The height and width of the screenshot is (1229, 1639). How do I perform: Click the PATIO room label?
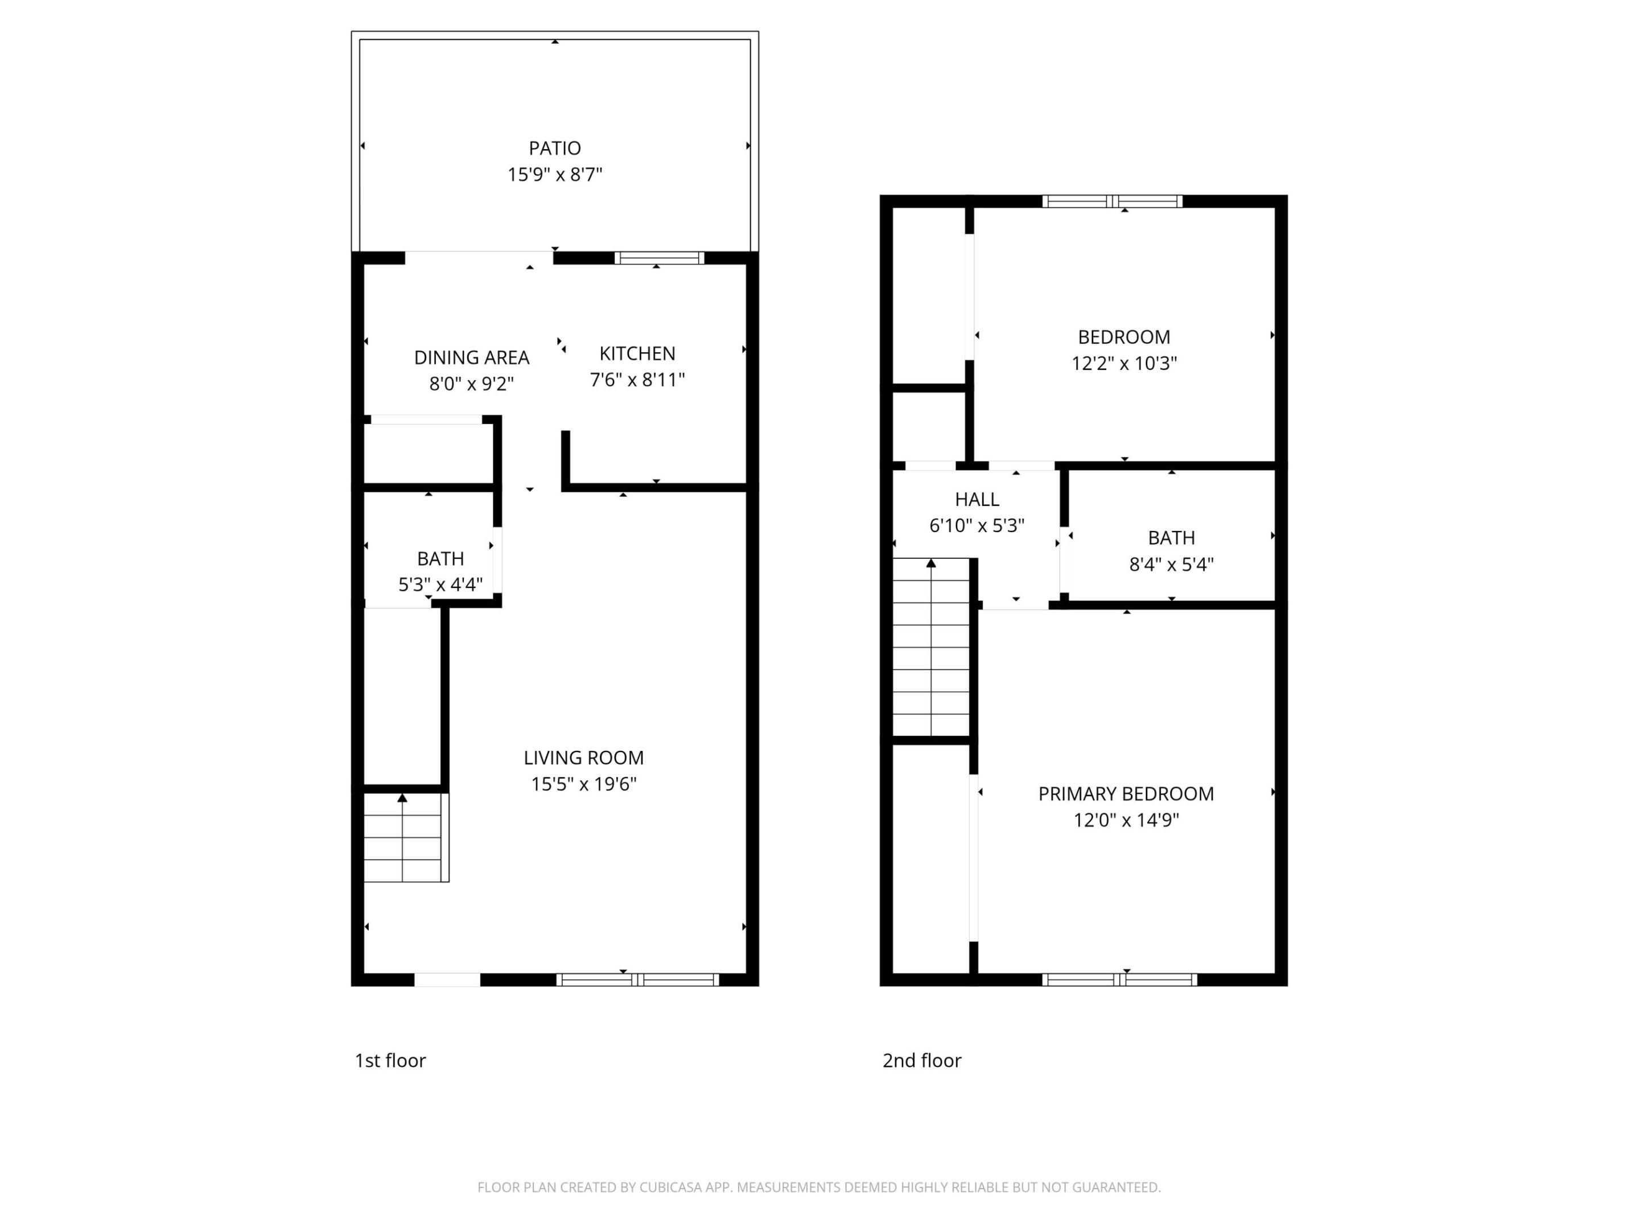pyautogui.click(x=554, y=148)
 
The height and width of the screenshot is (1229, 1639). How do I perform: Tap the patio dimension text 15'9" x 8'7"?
pyautogui.click(x=554, y=175)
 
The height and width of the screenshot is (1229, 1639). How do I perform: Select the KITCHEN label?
pyautogui.click(x=637, y=353)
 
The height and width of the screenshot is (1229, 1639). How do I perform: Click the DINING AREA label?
pyautogui.click(x=471, y=358)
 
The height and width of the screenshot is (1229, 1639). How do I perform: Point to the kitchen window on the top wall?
pyautogui.click(x=658, y=258)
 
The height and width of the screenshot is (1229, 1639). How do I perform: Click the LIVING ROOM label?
pyautogui.click(x=584, y=758)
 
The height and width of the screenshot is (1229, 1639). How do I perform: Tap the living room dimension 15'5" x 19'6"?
pyautogui.click(x=584, y=784)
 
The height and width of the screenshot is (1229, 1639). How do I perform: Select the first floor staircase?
pyautogui.click(x=405, y=837)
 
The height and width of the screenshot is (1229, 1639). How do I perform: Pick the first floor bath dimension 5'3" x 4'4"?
pyautogui.click(x=440, y=584)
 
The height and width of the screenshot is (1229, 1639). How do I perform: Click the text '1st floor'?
pyautogui.click(x=390, y=1061)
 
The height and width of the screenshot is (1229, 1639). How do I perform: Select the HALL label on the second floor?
pyautogui.click(x=977, y=500)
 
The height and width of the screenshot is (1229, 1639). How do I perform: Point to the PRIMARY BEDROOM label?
pyautogui.click(x=1126, y=794)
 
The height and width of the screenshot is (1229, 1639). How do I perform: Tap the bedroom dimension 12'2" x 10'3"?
pyautogui.click(x=1124, y=364)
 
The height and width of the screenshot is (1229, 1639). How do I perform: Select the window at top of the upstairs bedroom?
pyautogui.click(x=1111, y=201)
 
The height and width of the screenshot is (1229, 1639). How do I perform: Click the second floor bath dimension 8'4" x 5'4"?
pyautogui.click(x=1171, y=564)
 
